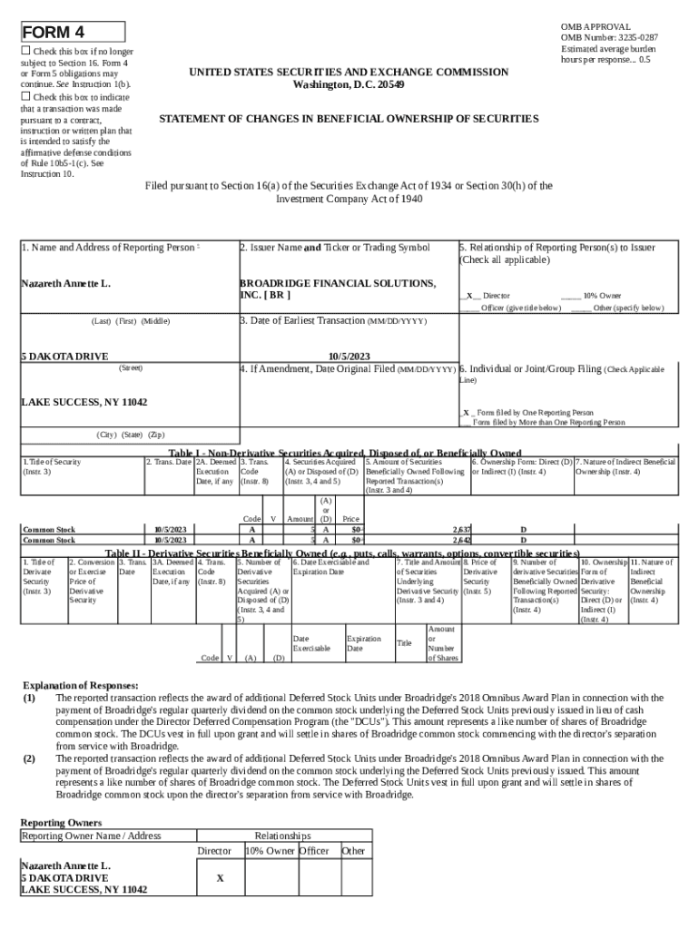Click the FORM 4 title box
73,33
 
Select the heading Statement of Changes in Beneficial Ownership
349,119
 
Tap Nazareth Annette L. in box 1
65,284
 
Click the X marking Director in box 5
468,296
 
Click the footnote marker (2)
29,758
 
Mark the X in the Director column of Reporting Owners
220,878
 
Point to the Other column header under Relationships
353,851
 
